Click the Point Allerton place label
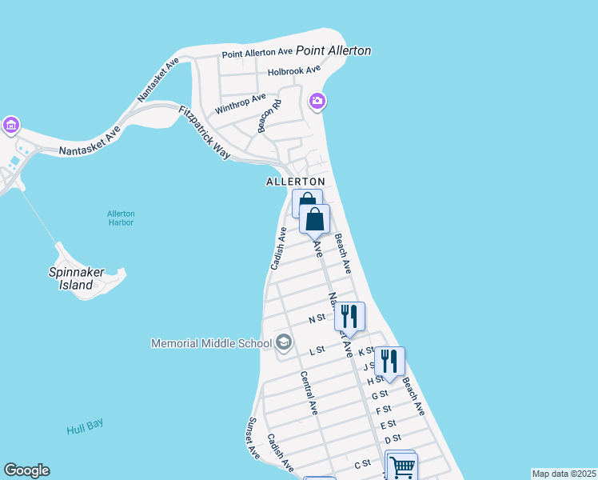(x=333, y=50)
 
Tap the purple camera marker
(x=317, y=100)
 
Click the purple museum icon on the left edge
(x=10, y=125)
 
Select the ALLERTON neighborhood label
(x=296, y=182)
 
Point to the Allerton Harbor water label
(x=121, y=218)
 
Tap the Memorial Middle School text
(x=212, y=343)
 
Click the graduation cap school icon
(x=283, y=343)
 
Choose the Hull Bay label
(x=86, y=427)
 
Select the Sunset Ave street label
(x=253, y=437)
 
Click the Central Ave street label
(x=309, y=393)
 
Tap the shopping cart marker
(x=401, y=466)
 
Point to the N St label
(x=317, y=318)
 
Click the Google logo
(x=26, y=470)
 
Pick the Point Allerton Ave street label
(x=258, y=54)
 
